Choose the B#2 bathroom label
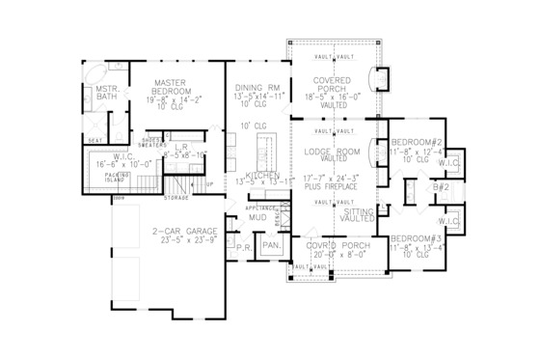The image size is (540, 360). (441, 186)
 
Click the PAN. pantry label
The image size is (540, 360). (269, 248)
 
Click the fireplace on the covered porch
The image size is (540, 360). (383, 76)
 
